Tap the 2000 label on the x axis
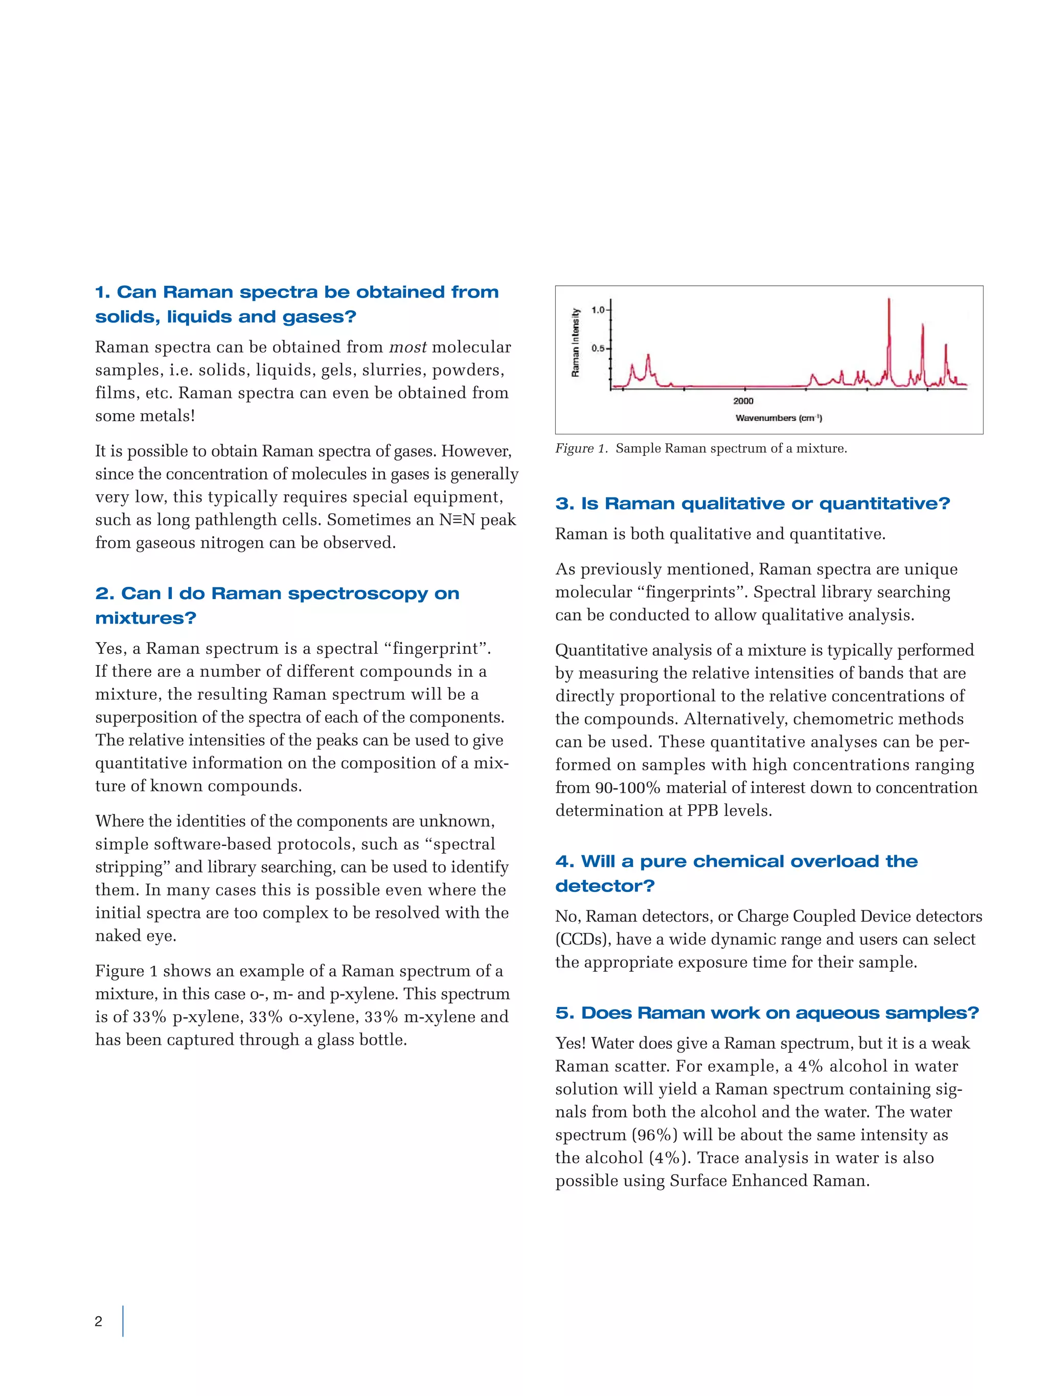(x=743, y=401)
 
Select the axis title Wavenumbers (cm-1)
(x=778, y=418)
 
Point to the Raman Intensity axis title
(x=575, y=342)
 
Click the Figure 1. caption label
(x=581, y=449)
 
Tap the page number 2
(x=99, y=1321)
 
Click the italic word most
(x=407, y=347)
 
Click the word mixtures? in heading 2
(x=146, y=618)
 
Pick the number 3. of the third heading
(x=564, y=504)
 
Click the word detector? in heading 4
(x=605, y=886)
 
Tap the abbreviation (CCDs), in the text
(x=582, y=939)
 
